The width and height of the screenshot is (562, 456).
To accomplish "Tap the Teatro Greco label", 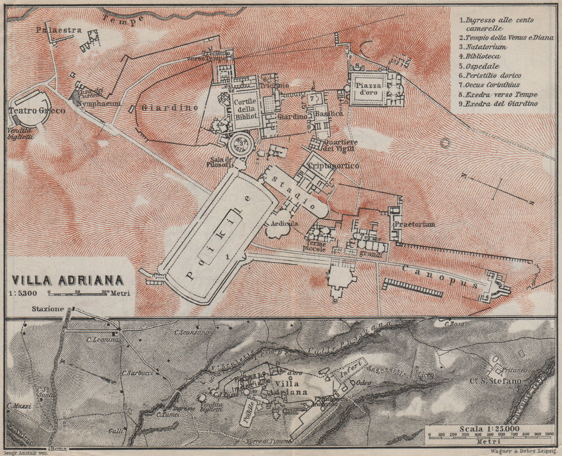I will [37, 111].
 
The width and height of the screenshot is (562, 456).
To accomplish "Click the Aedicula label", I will [284, 223].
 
